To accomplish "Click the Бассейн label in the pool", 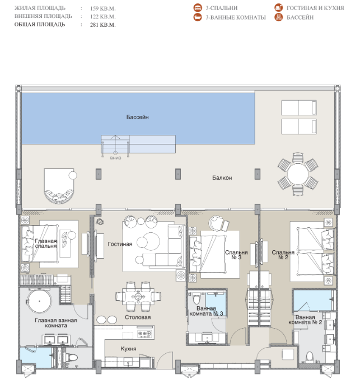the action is (137, 117).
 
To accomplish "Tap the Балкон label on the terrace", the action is (222, 177).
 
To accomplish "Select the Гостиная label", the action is (120, 244).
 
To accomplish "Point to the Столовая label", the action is (138, 317).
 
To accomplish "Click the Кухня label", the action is (128, 349).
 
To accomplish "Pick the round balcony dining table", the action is (298, 174).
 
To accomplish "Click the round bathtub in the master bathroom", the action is (39, 301).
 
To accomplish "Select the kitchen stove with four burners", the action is (145, 333).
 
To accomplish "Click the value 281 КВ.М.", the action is (102, 25).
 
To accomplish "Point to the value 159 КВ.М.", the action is (102, 8).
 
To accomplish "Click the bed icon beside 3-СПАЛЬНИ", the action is (198, 8).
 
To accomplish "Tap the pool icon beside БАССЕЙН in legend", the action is (278, 17).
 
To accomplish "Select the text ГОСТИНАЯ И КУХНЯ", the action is (315, 8).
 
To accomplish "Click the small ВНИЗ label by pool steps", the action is (115, 158).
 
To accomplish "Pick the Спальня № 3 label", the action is (236, 255).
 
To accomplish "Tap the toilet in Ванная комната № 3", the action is (197, 298).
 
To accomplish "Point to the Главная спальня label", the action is (46, 243).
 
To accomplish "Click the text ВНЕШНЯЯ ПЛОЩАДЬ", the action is (43, 16).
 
